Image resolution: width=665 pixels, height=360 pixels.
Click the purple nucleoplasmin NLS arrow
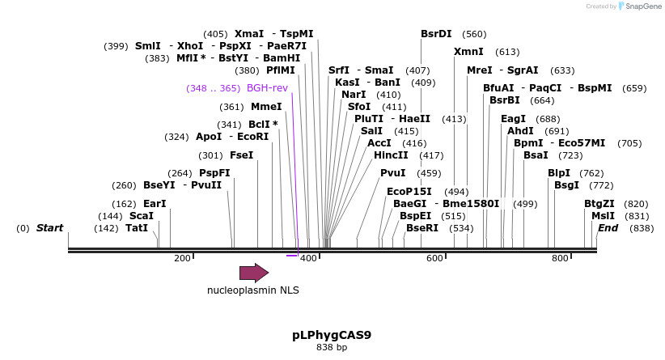[x=253, y=273]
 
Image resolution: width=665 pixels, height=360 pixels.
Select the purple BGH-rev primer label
[x=267, y=88]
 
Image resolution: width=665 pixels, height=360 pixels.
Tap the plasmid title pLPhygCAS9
[x=332, y=334]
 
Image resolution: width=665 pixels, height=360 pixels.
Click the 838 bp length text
[x=332, y=347]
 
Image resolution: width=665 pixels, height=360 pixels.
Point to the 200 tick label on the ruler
[x=182, y=258]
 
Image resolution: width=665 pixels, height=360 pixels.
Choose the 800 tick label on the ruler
[x=560, y=258]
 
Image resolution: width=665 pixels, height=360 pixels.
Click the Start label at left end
[x=49, y=228]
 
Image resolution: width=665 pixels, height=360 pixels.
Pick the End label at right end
[x=608, y=228]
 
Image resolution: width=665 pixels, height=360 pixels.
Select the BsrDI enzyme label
[x=436, y=34]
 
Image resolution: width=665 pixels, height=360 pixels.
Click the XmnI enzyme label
[x=468, y=52]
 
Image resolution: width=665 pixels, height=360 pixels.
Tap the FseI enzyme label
[x=241, y=155]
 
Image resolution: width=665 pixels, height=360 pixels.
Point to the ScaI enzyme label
[x=141, y=216]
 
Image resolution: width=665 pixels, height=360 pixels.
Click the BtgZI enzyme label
[x=599, y=204]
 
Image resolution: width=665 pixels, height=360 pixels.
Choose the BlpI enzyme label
[x=559, y=173]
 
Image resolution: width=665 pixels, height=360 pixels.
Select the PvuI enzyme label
[x=392, y=173]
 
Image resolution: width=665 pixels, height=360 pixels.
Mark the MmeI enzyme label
[x=266, y=107]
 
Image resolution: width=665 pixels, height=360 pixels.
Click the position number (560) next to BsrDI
[x=474, y=34]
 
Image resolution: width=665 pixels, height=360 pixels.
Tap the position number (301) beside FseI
[x=210, y=155]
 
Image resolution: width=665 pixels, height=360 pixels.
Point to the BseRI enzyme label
[x=421, y=228]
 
